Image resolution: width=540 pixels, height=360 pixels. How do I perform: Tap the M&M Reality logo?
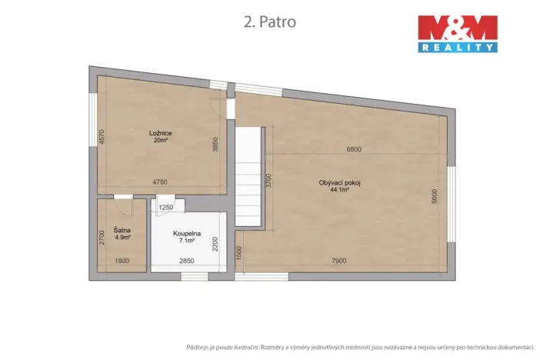pos(457,33)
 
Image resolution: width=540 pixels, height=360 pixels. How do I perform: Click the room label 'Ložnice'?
pos(160,133)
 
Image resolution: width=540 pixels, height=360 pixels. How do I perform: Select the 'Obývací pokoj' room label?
pos(340,182)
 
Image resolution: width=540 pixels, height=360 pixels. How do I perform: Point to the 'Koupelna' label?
pos(187,233)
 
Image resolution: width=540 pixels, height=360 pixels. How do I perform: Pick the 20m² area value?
pos(160,140)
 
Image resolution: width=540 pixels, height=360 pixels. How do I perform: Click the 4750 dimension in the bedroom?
pos(159,182)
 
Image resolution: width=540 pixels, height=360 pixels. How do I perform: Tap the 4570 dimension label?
pos(101,137)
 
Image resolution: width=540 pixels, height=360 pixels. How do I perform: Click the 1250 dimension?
pos(166,208)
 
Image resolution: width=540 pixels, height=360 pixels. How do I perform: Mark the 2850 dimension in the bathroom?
pos(186,261)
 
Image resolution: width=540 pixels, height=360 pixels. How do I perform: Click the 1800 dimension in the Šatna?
pos(122,261)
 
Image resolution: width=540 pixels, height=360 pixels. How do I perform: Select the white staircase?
pos(248,178)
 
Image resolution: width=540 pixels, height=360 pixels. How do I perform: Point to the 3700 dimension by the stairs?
pos(268,182)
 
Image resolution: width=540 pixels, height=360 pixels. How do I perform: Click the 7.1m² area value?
pos(187,240)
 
